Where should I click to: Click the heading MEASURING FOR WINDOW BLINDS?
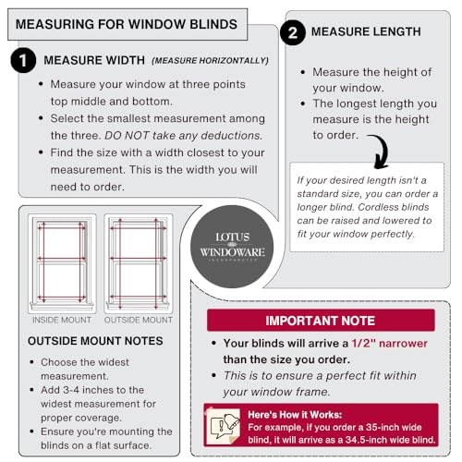pyautogui.click(x=126, y=23)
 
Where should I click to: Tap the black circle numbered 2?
pyautogui.click(x=292, y=34)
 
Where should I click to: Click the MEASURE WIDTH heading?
pyautogui.click(x=94, y=61)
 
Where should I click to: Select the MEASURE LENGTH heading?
pyautogui.click(x=366, y=32)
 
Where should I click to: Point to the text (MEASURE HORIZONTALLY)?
pyautogui.click(x=210, y=61)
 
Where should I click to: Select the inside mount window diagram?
pyautogui.click(x=62, y=263)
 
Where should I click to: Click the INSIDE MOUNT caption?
pyautogui.click(x=62, y=320)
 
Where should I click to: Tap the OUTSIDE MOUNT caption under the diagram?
pyautogui.click(x=139, y=320)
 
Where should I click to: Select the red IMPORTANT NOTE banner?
pyautogui.click(x=320, y=321)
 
